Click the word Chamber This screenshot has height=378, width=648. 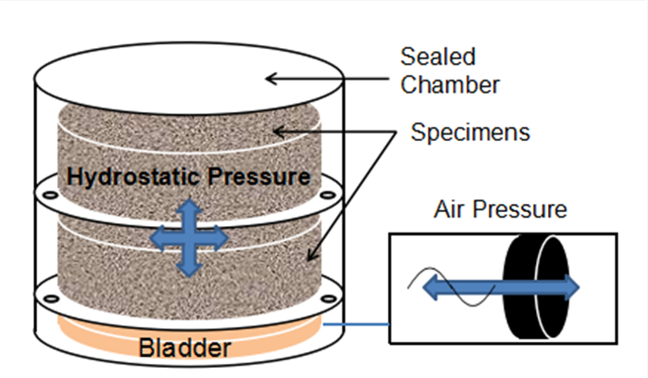point(450,85)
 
